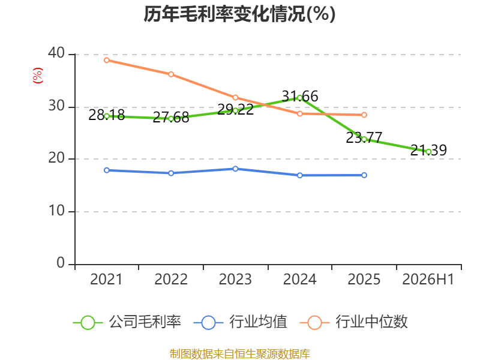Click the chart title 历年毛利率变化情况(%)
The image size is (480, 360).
coord(239,14)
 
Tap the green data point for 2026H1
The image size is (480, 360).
coord(428,152)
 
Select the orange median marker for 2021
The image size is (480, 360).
coord(107,61)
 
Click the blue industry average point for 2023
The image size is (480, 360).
coord(235,169)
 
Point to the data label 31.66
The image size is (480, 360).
coord(300,96)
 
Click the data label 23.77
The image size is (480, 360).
coord(364,137)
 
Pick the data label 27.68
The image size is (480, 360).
coord(171,117)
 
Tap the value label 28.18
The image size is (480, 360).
coord(107,115)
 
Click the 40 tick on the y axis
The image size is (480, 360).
coord(56,53)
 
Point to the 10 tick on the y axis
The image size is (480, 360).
coord(56,211)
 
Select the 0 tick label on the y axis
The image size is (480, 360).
coord(61,263)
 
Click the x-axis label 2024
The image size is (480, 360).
coord(299,279)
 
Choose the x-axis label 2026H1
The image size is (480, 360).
coord(428,279)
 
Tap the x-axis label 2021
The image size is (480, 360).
coord(106,279)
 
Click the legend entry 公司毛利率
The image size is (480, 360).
coord(127,322)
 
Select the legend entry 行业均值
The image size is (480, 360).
coord(241,322)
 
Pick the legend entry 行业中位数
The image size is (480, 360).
coord(353,322)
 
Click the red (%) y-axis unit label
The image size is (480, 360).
coord(38,76)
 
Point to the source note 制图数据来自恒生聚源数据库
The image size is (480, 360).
coord(239,354)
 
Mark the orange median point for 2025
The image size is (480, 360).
coord(364,115)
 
